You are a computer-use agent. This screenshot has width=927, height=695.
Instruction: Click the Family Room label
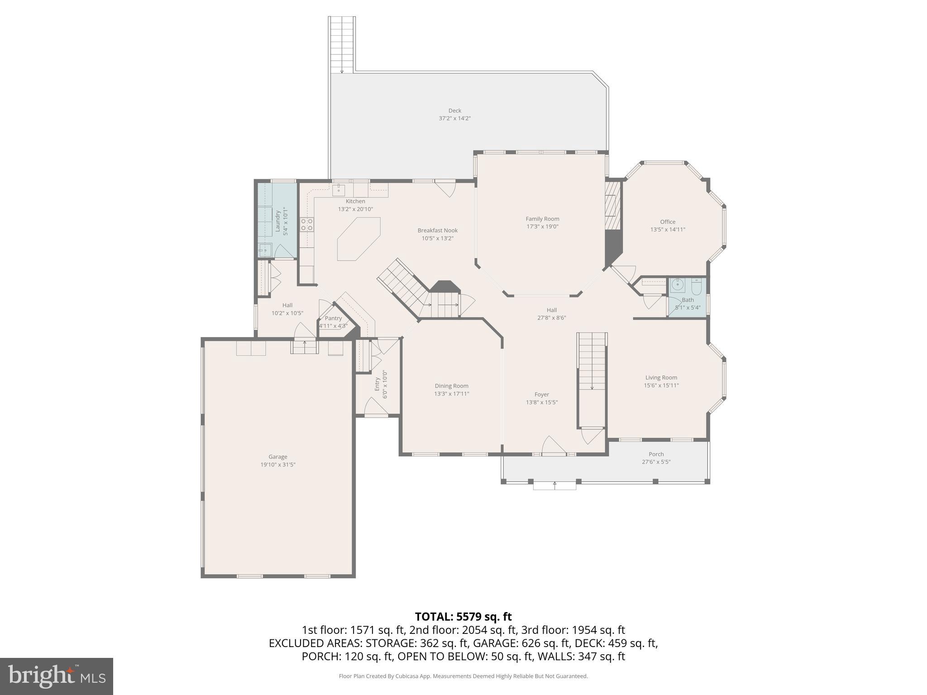click(x=542, y=219)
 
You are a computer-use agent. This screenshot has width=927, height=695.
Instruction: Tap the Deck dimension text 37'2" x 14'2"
click(x=454, y=119)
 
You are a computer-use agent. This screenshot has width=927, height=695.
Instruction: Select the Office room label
click(x=668, y=222)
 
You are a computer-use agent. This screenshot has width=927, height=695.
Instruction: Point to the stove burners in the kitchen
click(x=307, y=224)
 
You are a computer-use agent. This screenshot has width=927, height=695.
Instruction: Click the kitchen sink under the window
click(x=339, y=189)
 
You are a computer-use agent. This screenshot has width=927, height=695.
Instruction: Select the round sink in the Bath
click(x=678, y=285)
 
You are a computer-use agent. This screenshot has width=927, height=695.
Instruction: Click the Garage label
click(x=277, y=457)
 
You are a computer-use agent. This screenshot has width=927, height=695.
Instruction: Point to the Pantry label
click(x=333, y=318)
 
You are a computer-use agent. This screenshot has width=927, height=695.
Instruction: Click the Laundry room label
click(x=277, y=221)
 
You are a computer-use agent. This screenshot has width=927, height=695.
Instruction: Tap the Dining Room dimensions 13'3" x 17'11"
click(x=451, y=394)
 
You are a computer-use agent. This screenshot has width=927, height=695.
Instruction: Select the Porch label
click(x=656, y=454)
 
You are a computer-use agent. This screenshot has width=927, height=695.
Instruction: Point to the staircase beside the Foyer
click(x=592, y=362)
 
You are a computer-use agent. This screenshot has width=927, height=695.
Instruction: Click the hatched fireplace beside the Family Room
click(x=613, y=206)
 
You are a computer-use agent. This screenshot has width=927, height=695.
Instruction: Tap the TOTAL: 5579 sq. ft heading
click(x=463, y=617)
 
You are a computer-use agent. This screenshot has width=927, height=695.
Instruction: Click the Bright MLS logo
click(x=57, y=676)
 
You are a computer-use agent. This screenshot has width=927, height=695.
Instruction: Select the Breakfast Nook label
click(x=437, y=230)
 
